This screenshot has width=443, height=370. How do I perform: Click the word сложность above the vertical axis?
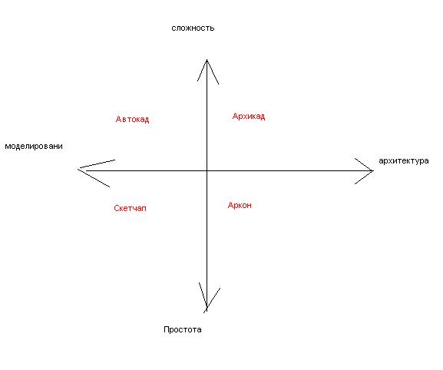193,28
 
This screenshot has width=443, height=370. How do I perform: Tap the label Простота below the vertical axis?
183,329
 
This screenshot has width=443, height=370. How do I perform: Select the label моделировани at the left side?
34,147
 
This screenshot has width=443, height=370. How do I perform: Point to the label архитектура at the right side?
404,161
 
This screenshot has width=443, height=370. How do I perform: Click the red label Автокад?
132,120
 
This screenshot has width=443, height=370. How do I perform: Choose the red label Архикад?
249,117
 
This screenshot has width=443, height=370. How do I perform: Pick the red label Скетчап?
130,209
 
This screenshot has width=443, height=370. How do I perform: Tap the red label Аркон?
240,205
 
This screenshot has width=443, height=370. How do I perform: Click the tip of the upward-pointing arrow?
207,60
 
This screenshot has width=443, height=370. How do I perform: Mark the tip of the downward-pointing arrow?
207,309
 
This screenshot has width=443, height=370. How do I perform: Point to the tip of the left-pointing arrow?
78,169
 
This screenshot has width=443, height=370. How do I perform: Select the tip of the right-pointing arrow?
373,170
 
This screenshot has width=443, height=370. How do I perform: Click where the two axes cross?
207,170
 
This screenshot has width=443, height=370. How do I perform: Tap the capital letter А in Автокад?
119,119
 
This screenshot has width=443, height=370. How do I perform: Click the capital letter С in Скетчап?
117,209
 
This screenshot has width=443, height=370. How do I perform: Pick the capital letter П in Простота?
166,329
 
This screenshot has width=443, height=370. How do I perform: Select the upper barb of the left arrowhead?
97,164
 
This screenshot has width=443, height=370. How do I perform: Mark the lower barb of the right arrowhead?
364,177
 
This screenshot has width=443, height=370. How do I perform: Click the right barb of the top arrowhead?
213,72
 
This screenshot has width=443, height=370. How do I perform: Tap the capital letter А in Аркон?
230,205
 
